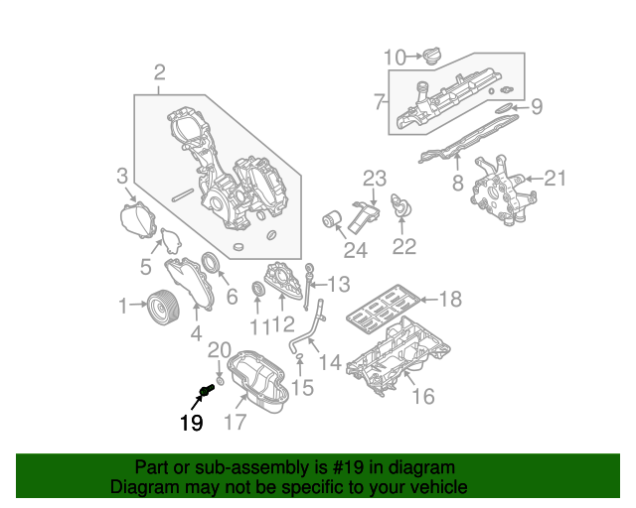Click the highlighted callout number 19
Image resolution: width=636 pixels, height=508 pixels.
tap(191, 424)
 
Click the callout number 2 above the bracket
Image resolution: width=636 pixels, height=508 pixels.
tap(159, 71)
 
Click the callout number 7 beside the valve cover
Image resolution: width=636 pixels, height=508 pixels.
tap(379, 100)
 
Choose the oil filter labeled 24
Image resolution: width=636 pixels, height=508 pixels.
tap(332, 218)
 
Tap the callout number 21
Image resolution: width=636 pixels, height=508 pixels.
tap(554, 179)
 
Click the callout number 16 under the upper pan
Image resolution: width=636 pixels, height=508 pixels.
tap(422, 397)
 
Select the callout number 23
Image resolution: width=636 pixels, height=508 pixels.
tap(373, 179)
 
